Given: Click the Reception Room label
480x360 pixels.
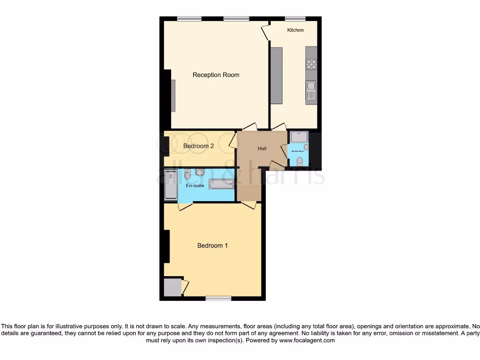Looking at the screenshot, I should pos(216,75).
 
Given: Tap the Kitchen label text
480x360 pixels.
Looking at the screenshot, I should pos(295,30).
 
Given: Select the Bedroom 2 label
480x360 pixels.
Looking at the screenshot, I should pos(198,146).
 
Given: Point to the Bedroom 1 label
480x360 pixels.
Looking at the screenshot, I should pos(212,246).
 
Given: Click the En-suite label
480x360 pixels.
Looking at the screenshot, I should pos(195,186).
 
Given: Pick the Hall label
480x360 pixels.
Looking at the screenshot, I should pos(262,149).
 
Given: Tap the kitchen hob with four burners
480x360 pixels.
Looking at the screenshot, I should pos(311,64).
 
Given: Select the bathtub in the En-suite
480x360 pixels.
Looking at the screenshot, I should pos(221,185).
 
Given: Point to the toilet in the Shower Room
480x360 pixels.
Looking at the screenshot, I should pos(300,161).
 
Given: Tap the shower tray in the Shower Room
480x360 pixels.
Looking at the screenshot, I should pos(299,136).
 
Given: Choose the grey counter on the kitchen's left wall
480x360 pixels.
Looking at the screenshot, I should pos(277,75).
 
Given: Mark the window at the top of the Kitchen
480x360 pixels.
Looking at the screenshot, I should pos(296,19).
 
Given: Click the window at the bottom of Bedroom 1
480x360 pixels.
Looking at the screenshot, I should pos(218,298).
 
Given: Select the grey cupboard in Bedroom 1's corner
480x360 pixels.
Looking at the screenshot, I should pos(172,287).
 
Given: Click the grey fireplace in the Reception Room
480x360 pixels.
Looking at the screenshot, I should pos(173,96).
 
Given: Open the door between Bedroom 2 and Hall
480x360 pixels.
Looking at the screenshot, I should pos(233,141).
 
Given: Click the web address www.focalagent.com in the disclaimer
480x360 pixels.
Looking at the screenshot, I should pos(307,341).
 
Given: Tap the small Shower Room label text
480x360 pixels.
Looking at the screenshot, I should pos(298,151).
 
